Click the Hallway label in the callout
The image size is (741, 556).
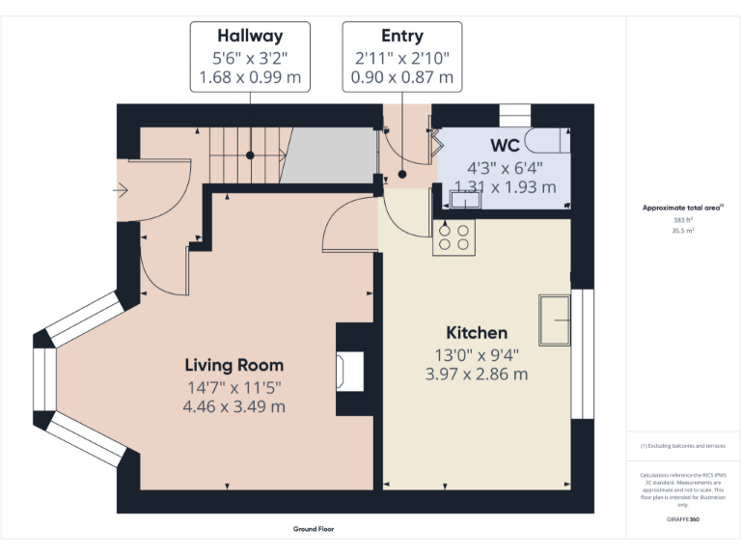point(250,37)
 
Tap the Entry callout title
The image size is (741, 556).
point(402,37)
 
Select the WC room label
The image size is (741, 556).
point(505,146)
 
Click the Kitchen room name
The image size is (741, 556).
point(477,333)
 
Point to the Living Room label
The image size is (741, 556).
point(234,365)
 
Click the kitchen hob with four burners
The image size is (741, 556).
point(453,237)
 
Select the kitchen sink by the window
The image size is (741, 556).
point(555,319)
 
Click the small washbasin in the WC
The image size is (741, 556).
point(464,199)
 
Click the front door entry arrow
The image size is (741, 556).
point(121,190)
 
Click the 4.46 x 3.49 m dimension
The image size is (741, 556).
point(234,406)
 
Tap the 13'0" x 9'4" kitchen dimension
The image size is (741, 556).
point(477,354)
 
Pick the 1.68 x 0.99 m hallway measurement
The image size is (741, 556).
point(250,76)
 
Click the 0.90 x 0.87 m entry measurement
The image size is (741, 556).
point(402,76)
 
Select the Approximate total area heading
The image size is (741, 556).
point(683,208)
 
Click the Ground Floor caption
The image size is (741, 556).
point(314,529)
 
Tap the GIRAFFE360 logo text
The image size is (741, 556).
point(683,518)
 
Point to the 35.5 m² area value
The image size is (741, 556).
point(683,232)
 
